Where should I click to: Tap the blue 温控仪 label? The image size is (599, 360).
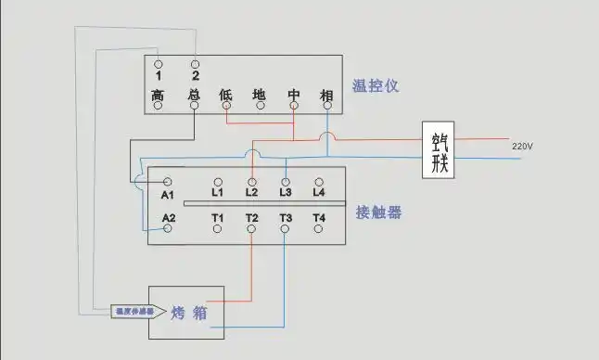[376, 86]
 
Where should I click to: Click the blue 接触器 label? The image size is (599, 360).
[378, 212]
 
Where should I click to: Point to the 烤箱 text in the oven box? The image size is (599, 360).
[188, 313]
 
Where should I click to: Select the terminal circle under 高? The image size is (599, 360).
[159, 106]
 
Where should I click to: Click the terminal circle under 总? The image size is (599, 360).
[194, 106]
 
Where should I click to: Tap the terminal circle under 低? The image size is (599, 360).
[226, 106]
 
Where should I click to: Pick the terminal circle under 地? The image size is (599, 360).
[260, 106]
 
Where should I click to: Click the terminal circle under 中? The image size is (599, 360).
[293, 106]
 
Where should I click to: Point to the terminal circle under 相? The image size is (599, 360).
[326, 106]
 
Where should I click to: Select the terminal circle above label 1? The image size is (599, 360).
[159, 63]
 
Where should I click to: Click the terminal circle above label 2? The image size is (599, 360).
[195, 63]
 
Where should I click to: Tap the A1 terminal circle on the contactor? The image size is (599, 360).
[168, 182]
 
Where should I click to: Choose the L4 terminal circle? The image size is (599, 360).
[319, 182]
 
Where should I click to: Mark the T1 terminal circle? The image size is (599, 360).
[218, 228]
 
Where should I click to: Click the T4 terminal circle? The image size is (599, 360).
[319, 228]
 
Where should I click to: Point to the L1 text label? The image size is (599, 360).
[218, 193]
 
